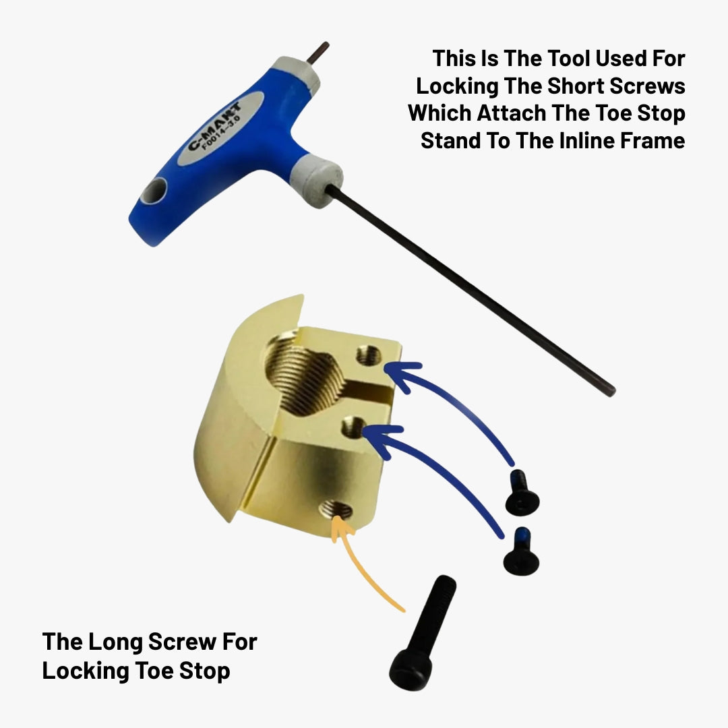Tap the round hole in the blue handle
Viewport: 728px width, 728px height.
tap(154, 191)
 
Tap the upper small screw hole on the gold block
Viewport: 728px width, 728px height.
tap(369, 356)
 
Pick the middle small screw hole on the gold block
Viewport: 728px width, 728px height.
tap(354, 428)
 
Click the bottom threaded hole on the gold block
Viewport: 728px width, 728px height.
tap(336, 510)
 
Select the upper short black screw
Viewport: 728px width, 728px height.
tap(522, 493)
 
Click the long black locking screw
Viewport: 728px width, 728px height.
tap(422, 632)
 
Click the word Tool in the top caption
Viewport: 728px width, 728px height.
tap(569, 59)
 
